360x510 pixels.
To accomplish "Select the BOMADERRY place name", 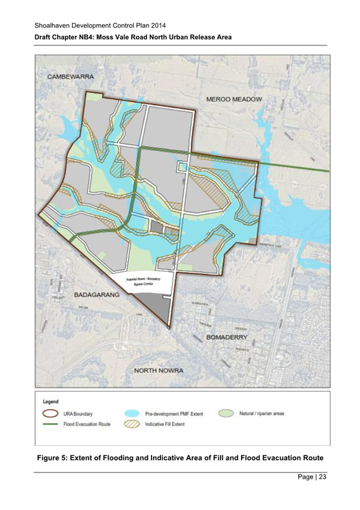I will pos(230,338).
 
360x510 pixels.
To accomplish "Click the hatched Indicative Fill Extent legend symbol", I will pos(132,425).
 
